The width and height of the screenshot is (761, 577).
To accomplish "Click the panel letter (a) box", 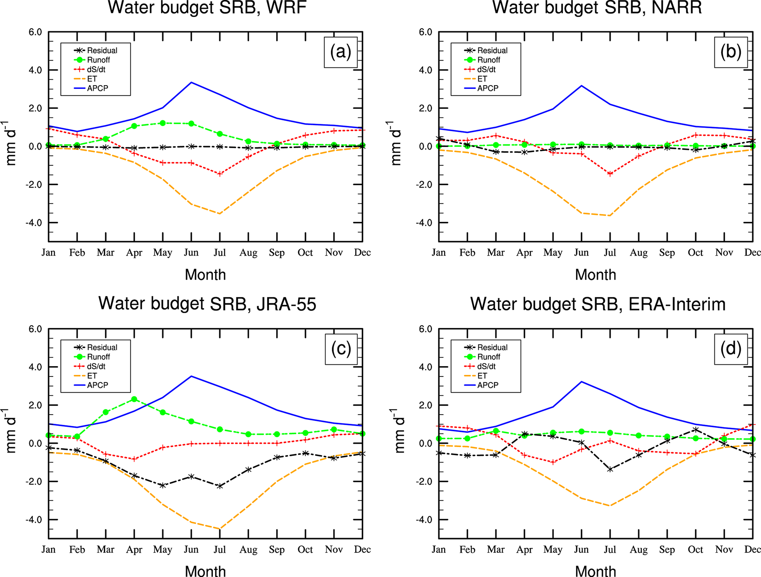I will pos(341,52).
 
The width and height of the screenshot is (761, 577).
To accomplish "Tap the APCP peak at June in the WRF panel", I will pos(191,83).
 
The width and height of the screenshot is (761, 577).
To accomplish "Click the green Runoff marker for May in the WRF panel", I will pos(163,123).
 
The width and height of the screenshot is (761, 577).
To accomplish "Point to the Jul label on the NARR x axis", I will pos(610,253).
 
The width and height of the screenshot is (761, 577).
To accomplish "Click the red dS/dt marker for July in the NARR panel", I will pos(610,174).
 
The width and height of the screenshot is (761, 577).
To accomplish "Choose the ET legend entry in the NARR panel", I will pos(482,79).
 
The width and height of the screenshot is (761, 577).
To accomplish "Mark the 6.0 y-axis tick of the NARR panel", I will pos(425,32).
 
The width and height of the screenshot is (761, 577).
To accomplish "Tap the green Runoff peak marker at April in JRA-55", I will pos(134,399).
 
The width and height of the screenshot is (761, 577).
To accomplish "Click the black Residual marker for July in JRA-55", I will pos(220,486).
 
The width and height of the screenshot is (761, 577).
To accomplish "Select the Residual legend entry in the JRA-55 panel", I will pos(102,347).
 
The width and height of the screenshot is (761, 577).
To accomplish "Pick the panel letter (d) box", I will pos(731,349).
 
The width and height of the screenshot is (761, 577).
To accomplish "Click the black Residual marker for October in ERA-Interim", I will pos(695,430).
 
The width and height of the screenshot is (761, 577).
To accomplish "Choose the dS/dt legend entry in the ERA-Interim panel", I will pos(486,367).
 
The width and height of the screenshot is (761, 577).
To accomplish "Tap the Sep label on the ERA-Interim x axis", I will pos(667,550).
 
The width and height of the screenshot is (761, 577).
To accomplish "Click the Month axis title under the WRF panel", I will pos(205,275).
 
